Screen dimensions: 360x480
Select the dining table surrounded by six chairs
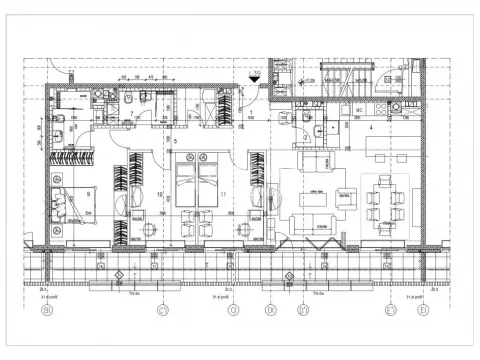pos(385,204)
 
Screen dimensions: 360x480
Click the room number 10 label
pos(160,193)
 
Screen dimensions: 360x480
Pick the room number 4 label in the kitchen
pos(371,129)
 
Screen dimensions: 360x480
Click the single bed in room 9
pos(71,205)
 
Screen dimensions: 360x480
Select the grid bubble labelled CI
pos(161,309)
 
